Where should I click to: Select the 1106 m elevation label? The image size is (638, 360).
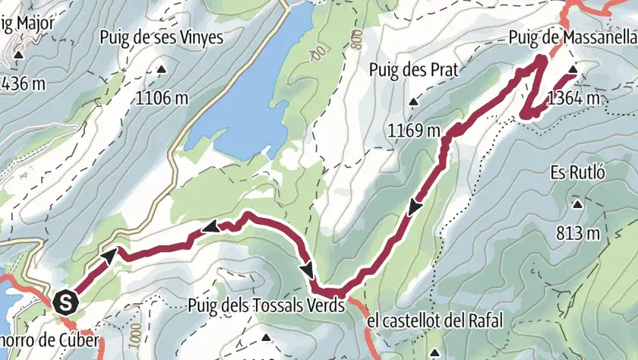click(x=163, y=96)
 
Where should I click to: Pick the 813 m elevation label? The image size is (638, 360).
click(x=579, y=232)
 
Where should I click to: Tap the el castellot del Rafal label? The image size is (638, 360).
click(x=434, y=321)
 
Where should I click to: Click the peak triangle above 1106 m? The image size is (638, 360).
click(x=162, y=71)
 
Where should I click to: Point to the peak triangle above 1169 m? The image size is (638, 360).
click(x=413, y=103)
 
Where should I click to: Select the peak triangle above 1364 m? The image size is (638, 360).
click(x=573, y=71)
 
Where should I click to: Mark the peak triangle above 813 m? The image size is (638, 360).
click(x=578, y=204)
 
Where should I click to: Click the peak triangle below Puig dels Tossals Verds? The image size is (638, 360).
click(x=266, y=336)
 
